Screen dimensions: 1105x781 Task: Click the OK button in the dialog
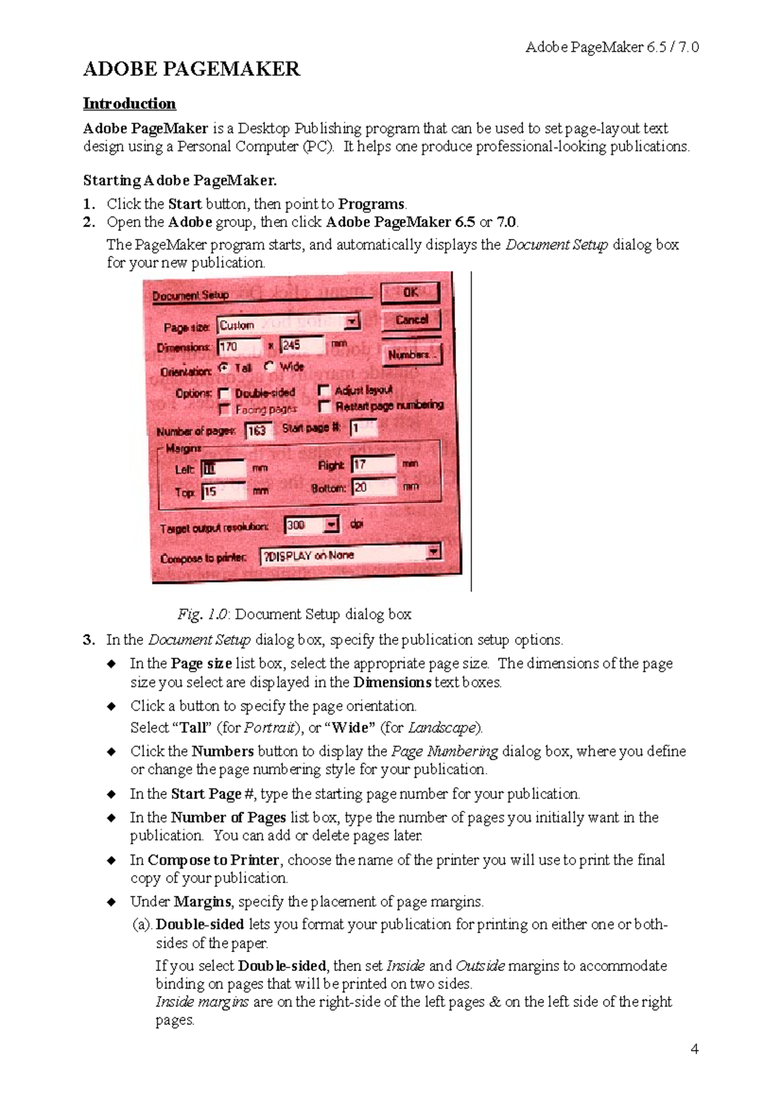(x=410, y=293)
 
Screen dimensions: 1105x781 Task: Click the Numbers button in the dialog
(x=411, y=355)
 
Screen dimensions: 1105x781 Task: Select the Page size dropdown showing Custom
(x=288, y=324)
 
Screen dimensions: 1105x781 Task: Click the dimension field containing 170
(x=239, y=346)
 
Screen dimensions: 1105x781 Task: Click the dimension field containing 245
(x=301, y=345)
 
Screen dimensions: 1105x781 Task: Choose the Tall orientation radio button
(x=224, y=367)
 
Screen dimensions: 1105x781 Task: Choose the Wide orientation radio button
(x=269, y=366)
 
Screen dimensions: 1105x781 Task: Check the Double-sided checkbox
(x=225, y=393)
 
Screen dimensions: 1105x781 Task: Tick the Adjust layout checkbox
(x=323, y=390)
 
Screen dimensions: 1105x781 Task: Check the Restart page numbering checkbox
(x=323, y=406)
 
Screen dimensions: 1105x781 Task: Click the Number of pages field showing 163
(x=258, y=430)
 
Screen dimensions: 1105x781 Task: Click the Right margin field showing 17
(x=373, y=464)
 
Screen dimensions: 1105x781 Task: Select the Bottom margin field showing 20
(x=373, y=487)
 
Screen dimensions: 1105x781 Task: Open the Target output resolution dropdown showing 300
(x=312, y=525)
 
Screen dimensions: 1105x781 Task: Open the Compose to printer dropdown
(x=351, y=554)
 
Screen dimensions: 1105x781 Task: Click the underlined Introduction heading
(x=129, y=103)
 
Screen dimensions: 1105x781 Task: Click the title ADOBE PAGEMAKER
(x=191, y=69)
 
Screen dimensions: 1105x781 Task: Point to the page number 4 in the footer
(x=694, y=1048)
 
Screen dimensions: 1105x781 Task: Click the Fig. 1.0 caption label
(x=202, y=614)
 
